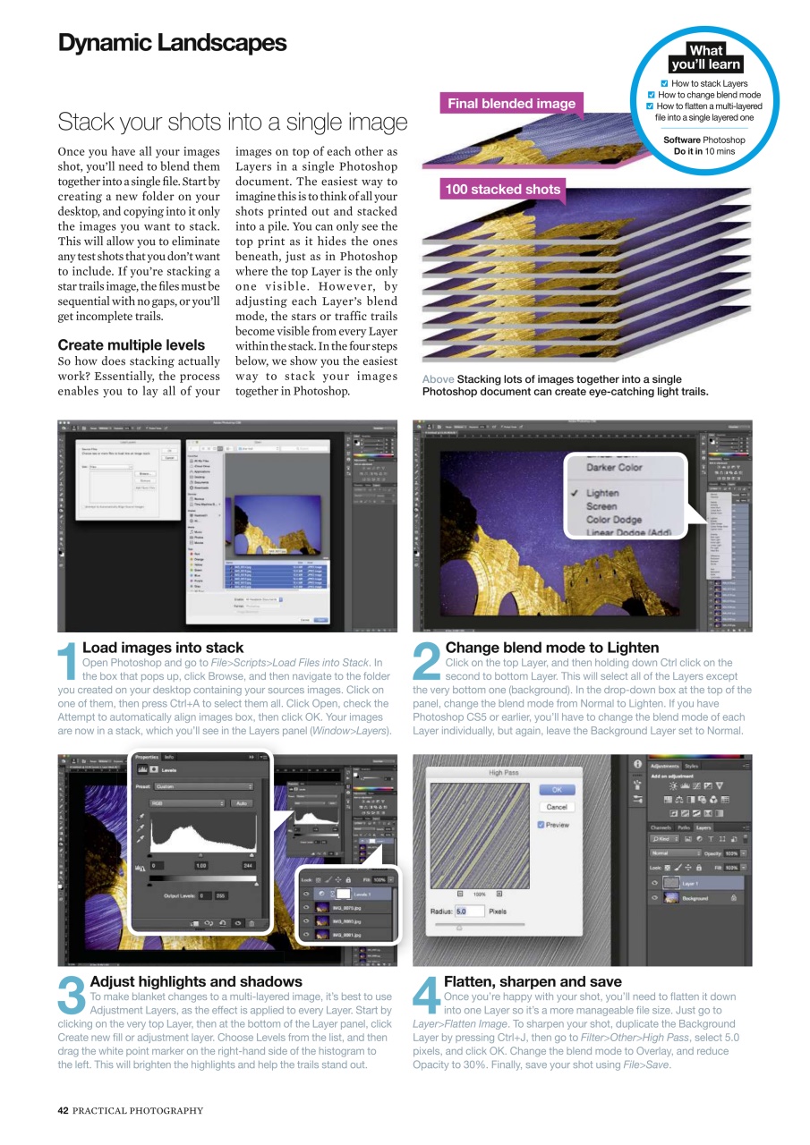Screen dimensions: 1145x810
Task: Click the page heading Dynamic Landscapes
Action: pos(172,43)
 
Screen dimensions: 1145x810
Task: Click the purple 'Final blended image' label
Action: pos(511,104)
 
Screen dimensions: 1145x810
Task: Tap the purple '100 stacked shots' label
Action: pos(502,190)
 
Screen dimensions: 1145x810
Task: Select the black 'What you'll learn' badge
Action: pos(705,58)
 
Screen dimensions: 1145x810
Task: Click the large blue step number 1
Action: pos(68,662)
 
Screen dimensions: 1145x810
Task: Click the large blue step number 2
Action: pos(427,662)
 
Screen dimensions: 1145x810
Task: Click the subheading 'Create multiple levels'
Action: pos(131,345)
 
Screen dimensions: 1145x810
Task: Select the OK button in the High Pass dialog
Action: pos(556,790)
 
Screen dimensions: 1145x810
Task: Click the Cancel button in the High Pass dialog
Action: pos(556,807)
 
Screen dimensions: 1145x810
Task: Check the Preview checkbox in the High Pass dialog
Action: pos(541,825)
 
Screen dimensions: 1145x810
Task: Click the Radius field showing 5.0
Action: pos(468,912)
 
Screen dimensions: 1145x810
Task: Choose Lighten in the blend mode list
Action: pos(601,493)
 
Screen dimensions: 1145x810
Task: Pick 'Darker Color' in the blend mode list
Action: pos(613,467)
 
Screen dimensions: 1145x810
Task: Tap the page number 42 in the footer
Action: pos(63,1111)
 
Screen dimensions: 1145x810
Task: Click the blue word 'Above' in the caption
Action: pos(438,379)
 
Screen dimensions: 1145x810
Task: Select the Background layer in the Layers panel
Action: pos(695,898)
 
